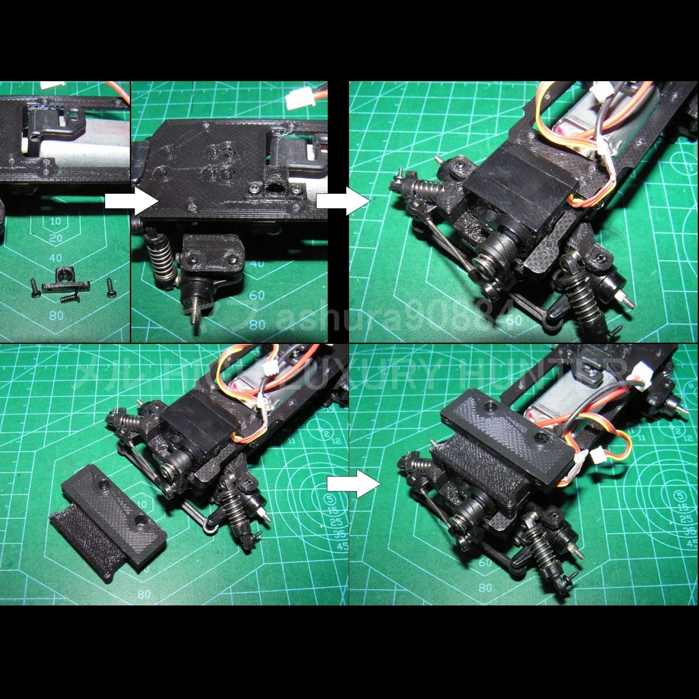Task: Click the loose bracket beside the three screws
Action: click(65, 280)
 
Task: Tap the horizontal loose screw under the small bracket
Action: click(70, 298)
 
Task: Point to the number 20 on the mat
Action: click(55, 238)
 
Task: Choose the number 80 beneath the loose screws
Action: click(56, 315)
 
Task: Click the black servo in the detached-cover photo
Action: click(198, 426)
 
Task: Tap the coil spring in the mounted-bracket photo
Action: click(162, 260)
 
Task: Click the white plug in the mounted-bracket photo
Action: click(300, 100)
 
